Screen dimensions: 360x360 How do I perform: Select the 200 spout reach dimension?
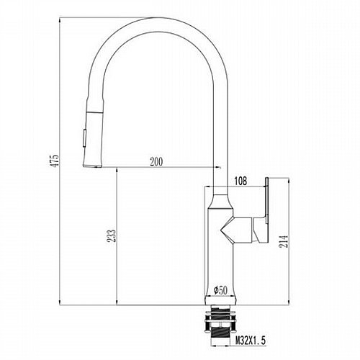click(156, 162)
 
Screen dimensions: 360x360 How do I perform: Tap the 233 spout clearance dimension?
click(112, 235)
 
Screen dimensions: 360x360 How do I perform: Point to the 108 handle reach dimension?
click(240, 181)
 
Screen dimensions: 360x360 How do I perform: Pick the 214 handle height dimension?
click(284, 241)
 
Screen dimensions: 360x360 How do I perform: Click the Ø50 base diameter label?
click(220, 290)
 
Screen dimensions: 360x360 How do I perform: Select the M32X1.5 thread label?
click(251, 341)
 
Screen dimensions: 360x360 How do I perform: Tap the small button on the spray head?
click(84, 138)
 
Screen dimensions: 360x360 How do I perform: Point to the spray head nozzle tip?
click(92, 166)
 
